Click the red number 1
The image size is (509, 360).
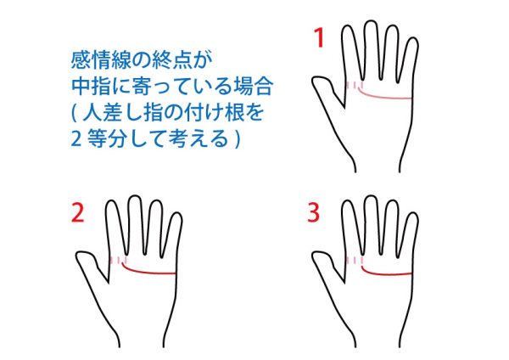[x=320, y=37]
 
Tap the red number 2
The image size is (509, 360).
[x=77, y=213]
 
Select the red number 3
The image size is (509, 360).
[x=314, y=213]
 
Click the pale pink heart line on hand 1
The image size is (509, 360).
[x=383, y=97]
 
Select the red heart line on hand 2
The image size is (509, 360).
[x=146, y=272]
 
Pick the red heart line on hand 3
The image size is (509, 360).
[x=383, y=273]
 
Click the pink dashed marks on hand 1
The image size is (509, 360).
[x=355, y=85]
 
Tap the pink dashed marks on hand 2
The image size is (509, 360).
[x=118, y=261]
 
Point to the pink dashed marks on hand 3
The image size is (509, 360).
[x=355, y=261]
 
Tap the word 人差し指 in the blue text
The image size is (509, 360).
[x=124, y=113]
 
